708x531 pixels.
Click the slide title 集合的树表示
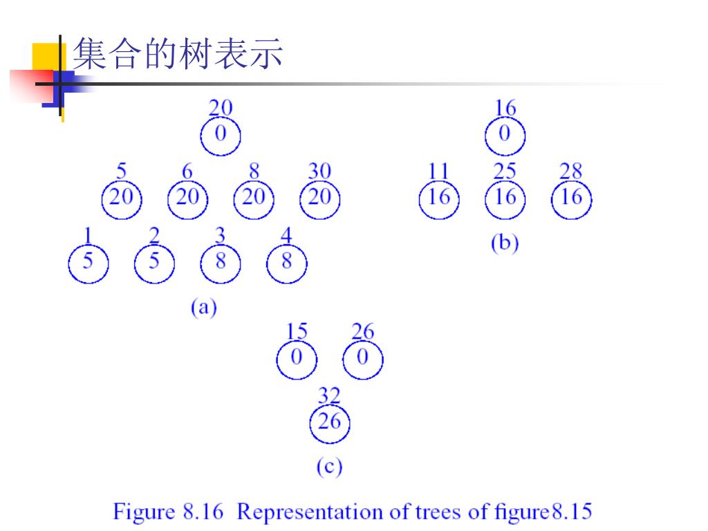[x=178, y=53]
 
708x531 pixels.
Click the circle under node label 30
[x=319, y=198]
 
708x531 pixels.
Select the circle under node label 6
[x=187, y=198]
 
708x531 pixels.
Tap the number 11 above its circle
[x=438, y=171]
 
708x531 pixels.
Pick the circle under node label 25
[x=505, y=198]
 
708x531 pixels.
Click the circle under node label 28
[x=571, y=198]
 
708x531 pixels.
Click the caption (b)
[x=505, y=243]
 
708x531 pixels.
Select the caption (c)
[x=329, y=467]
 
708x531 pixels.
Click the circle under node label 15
[x=297, y=359]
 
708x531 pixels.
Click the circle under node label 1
[x=88, y=263]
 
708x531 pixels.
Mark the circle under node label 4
[x=286, y=263]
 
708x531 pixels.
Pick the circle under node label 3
[x=220, y=263]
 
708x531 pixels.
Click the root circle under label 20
[x=221, y=135]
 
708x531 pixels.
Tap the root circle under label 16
[x=505, y=135]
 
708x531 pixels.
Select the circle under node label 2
[x=154, y=263]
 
